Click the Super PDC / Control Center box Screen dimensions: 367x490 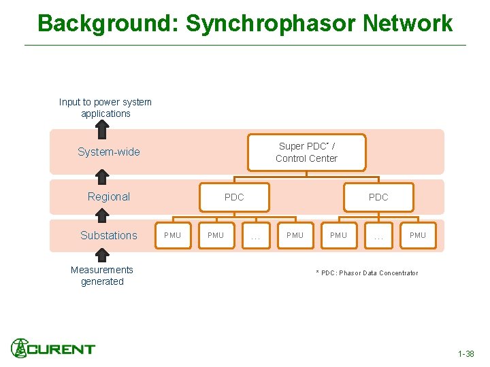[306, 152]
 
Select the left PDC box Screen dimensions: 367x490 [234, 197]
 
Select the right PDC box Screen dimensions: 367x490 [378, 197]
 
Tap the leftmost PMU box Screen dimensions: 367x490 [173, 235]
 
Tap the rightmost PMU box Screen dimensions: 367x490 [418, 235]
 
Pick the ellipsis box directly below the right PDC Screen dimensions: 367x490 [378, 236]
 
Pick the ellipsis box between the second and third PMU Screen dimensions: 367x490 [255, 236]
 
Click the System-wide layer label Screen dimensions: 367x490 [109, 152]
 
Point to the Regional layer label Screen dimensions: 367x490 [109, 197]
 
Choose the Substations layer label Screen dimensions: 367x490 [109, 236]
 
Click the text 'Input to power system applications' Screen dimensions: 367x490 [105, 108]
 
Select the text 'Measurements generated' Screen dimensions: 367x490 [102, 276]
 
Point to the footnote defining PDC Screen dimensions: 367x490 [367, 273]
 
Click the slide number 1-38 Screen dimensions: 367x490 [466, 354]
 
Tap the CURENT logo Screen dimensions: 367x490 [53, 349]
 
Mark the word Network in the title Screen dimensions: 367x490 [408, 23]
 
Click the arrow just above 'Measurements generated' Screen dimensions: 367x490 [102, 255]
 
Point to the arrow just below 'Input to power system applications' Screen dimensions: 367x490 [102, 133]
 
